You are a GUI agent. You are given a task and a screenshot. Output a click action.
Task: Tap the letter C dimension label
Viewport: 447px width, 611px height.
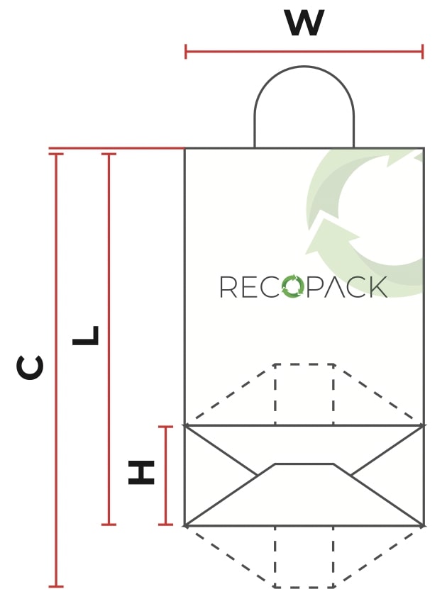(31, 368)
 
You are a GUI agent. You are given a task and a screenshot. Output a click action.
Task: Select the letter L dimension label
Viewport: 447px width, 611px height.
(86, 336)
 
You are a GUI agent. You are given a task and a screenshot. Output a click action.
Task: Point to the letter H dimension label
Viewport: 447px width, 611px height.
(141, 473)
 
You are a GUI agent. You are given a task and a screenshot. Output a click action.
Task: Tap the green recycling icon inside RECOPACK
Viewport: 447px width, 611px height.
(292, 286)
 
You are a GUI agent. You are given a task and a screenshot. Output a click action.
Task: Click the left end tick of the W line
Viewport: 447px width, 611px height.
(186, 51)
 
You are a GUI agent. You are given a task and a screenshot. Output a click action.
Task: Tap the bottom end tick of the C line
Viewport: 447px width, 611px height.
(56, 586)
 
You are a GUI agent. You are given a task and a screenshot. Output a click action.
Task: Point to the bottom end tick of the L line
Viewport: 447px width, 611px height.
(109, 525)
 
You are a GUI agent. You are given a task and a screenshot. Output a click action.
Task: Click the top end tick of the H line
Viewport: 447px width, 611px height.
(165, 427)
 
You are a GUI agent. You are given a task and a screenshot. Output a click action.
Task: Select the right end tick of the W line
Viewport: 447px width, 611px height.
(422, 51)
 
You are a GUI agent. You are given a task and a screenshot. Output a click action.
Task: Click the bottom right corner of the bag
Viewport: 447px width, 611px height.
(424, 525)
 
